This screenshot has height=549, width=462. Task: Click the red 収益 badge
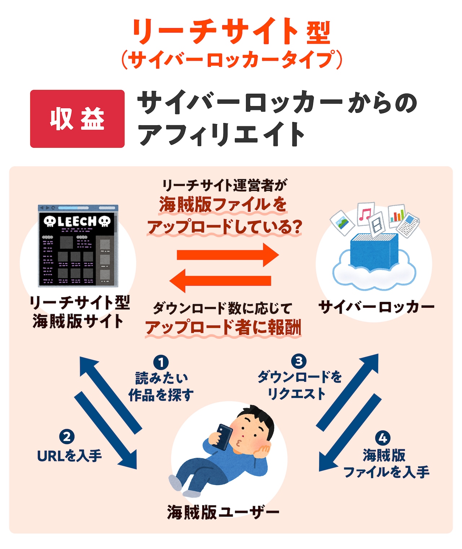(x=77, y=119)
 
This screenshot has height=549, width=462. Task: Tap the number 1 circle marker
(x=161, y=362)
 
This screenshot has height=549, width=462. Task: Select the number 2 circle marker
(x=67, y=437)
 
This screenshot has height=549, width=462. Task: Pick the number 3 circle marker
(x=299, y=361)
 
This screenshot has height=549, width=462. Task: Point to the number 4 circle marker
(x=383, y=438)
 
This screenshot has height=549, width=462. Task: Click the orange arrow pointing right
(x=227, y=255)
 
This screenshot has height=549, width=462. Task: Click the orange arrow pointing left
(x=220, y=281)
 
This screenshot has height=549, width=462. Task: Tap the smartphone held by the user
(x=222, y=436)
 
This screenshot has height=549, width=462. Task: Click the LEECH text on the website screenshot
(x=77, y=221)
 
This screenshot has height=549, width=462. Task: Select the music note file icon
(x=365, y=213)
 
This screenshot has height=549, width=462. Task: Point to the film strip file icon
(x=377, y=224)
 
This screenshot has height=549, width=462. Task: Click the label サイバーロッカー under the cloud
(x=376, y=307)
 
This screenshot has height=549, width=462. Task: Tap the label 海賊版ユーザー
(x=223, y=512)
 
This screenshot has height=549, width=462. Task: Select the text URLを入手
(x=69, y=456)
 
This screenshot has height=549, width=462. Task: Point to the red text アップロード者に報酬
(x=223, y=327)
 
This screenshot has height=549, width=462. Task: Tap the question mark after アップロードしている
(x=296, y=227)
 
